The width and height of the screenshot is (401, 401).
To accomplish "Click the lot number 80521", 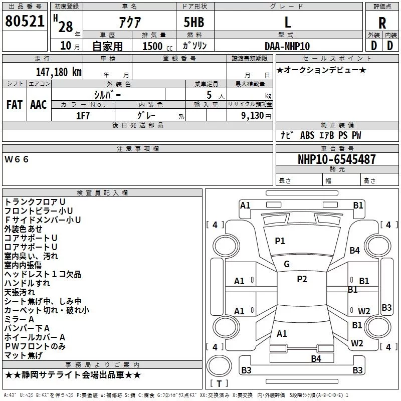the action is point(25,21).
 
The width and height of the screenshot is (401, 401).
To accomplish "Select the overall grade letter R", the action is point(382,23).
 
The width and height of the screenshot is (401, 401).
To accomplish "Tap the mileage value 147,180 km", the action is point(59,72).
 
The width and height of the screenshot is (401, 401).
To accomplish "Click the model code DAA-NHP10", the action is point(287,46).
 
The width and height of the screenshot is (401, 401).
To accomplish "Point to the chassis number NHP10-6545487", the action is point(337,159).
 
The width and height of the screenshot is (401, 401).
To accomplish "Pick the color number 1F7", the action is point(83,116).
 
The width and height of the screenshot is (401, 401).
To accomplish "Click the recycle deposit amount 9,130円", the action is point(256,116).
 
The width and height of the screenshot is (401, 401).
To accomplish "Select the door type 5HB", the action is point(194,22).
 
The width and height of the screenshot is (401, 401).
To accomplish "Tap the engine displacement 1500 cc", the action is point(157,46).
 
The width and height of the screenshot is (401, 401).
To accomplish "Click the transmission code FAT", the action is point(15,105).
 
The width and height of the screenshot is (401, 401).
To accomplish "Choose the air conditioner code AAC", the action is point(39,105).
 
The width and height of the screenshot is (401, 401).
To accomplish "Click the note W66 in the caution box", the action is point(17,159).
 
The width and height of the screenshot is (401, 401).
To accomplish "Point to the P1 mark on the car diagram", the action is point(280,241).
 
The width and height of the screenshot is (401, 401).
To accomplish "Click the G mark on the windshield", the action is point(287,264).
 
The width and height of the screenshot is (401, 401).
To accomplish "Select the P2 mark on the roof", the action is point(302,279).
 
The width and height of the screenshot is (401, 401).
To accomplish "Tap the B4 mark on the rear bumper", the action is point(316,359).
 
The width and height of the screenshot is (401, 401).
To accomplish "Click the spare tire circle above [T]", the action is point(219,366).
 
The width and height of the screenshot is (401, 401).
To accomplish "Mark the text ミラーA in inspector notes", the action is point(19,319).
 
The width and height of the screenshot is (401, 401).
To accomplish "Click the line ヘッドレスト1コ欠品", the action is point(43,274).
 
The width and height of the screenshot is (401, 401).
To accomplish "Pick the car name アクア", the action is point(130,22).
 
